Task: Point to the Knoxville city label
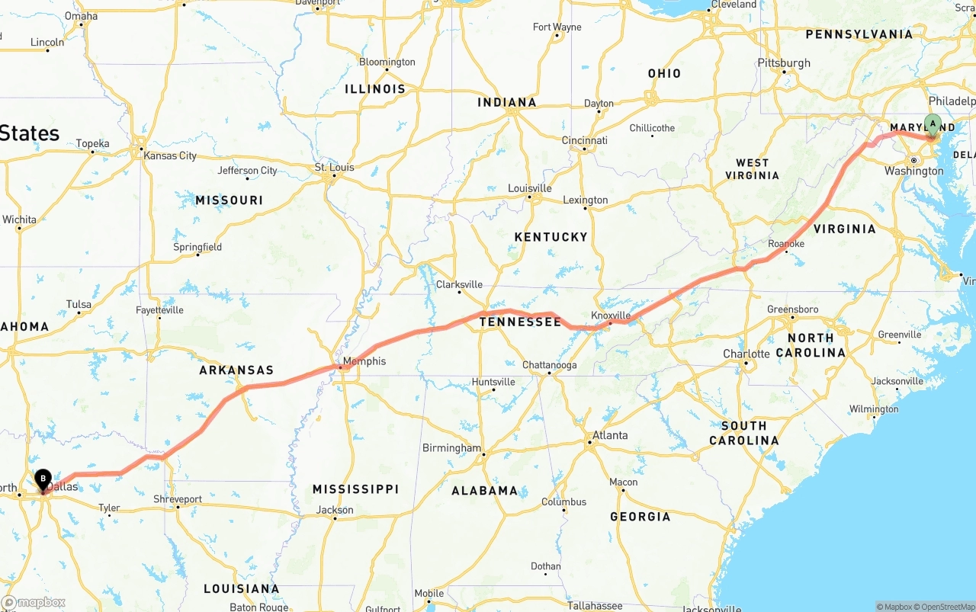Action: pyautogui.click(x=611, y=316)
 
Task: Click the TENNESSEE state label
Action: pyautogui.click(x=520, y=322)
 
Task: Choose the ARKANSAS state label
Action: pyautogui.click(x=236, y=370)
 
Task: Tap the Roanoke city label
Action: pyautogui.click(x=786, y=244)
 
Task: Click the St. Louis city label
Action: pyautogui.click(x=335, y=168)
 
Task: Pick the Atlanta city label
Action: pyautogui.click(x=610, y=435)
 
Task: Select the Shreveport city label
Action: pyautogui.click(x=178, y=499)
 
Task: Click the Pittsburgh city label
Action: pyautogui.click(x=784, y=63)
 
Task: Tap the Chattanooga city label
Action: pyautogui.click(x=549, y=365)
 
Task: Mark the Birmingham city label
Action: pyautogui.click(x=452, y=448)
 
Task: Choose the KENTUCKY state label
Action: pyautogui.click(x=551, y=237)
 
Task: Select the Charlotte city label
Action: pyautogui.click(x=746, y=354)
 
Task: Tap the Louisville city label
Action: pyautogui.click(x=530, y=188)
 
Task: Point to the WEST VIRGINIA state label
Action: pyautogui.click(x=752, y=169)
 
